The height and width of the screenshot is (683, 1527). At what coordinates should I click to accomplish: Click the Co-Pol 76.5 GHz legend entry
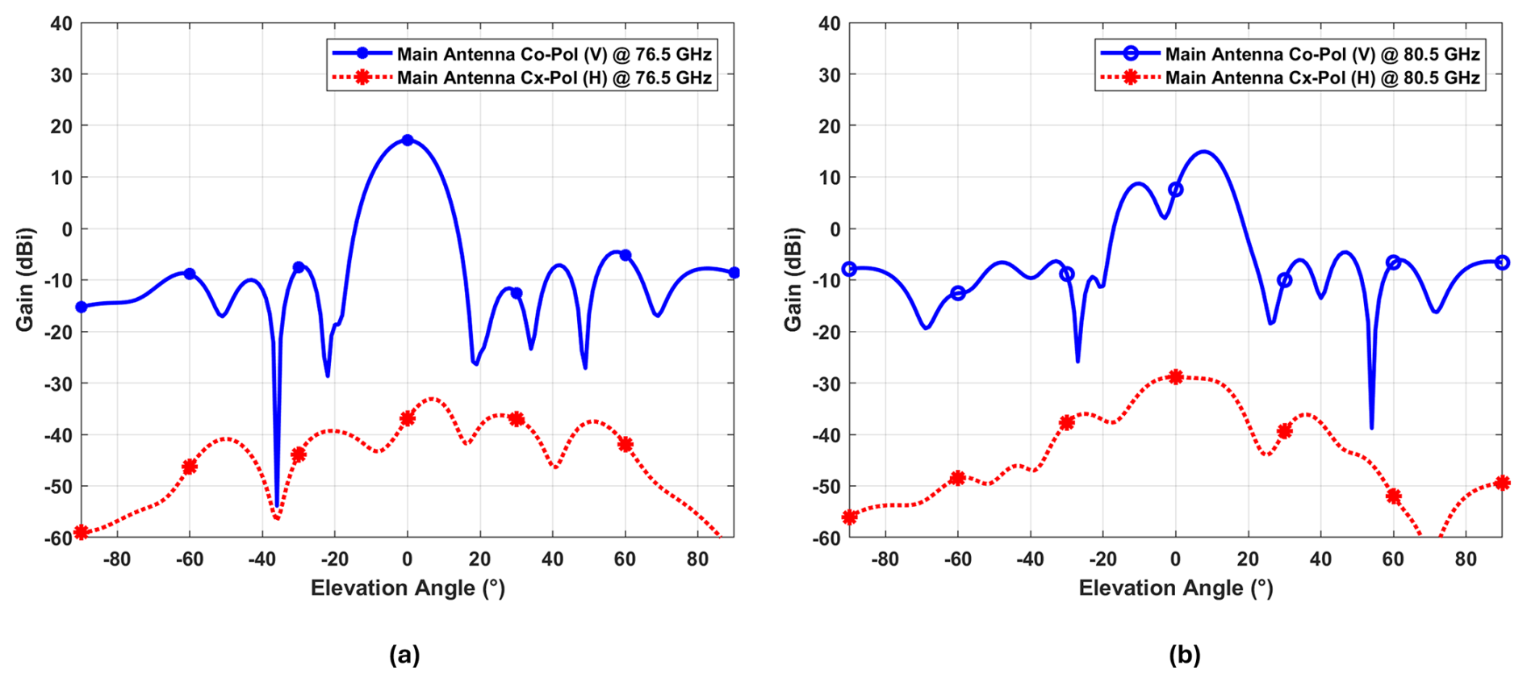point(554,54)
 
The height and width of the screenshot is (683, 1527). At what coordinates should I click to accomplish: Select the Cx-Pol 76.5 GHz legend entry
point(554,78)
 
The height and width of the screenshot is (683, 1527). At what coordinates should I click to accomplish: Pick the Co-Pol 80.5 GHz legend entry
point(1322,54)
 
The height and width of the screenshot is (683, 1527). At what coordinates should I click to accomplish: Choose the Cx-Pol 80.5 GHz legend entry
point(1322,78)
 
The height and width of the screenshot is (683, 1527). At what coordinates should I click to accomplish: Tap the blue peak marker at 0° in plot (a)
point(408,140)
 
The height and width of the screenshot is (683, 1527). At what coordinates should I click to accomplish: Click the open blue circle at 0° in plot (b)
point(1176,190)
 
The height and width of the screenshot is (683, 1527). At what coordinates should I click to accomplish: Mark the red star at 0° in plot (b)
point(1176,377)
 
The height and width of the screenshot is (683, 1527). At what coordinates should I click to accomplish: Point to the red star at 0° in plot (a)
point(408,418)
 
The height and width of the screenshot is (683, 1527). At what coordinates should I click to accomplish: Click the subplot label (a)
point(404,654)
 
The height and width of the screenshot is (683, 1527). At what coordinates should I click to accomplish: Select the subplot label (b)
point(1185,654)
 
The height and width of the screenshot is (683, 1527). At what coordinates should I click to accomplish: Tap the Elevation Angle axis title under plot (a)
point(408,588)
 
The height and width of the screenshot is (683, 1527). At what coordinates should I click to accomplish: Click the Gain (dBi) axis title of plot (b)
point(793,279)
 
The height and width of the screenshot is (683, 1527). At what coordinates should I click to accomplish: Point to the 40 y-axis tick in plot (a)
point(61,23)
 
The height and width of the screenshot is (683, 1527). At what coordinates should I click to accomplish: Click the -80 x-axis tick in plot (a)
point(117,559)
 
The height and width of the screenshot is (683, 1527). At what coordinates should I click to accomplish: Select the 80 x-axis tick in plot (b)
point(1466,559)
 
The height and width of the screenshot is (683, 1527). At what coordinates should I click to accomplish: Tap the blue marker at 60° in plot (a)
point(625,255)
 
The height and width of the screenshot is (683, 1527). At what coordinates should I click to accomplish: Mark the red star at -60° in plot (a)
point(190,467)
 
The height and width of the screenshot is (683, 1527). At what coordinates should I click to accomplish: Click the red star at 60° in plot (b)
point(1394,497)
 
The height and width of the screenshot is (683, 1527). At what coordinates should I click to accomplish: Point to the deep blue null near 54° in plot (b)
point(1372,425)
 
